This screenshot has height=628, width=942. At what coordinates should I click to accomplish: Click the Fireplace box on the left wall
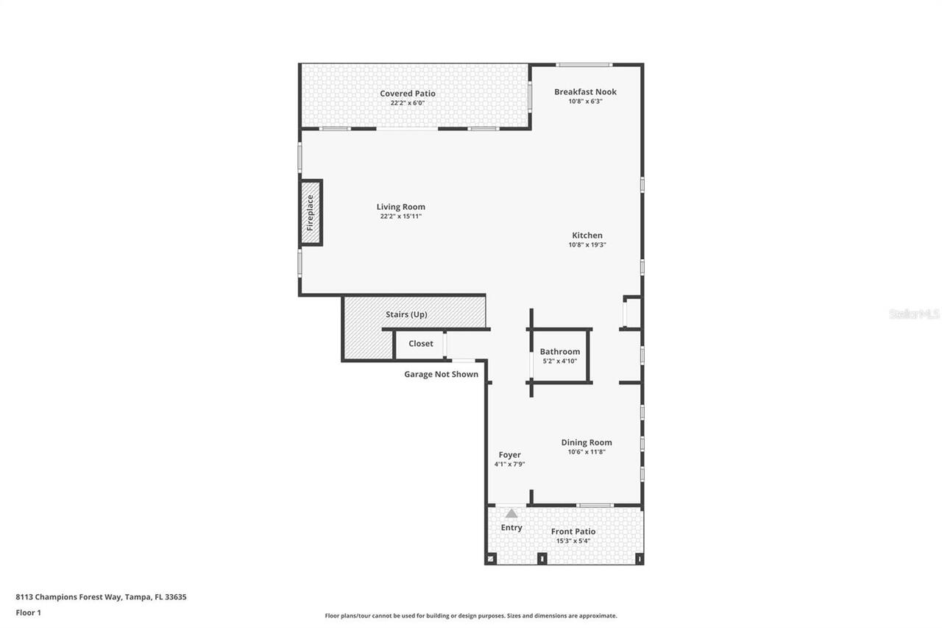coord(311,213)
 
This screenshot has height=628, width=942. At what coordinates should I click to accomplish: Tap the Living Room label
coord(400,207)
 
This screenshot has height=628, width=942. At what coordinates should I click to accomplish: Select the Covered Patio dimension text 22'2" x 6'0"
coord(407,103)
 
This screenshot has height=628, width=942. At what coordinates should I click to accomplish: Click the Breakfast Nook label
coord(585,92)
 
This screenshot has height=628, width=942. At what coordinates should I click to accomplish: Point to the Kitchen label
coord(587,236)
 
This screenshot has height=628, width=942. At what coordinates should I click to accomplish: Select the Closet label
coord(421,344)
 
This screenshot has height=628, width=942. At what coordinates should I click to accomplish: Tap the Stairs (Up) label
coord(406,314)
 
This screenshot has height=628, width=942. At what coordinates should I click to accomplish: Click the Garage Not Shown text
coord(441,374)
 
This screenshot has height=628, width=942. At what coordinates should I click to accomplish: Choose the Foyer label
coord(509,455)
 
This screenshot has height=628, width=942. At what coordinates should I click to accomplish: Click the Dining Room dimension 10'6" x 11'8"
coord(587,452)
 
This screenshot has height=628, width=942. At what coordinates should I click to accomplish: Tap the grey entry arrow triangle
coord(511,513)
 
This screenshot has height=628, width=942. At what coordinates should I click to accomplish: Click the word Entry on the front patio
coord(511,528)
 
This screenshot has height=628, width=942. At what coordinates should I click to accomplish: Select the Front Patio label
coord(573,532)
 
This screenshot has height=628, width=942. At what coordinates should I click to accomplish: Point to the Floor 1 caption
coord(28,613)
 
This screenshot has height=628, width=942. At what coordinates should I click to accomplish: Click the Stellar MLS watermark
coord(914,314)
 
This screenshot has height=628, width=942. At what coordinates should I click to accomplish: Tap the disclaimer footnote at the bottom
coord(471,615)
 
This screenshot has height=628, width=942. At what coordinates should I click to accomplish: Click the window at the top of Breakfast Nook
coord(584,65)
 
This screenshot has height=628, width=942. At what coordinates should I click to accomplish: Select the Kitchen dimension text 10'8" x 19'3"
coord(587,245)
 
